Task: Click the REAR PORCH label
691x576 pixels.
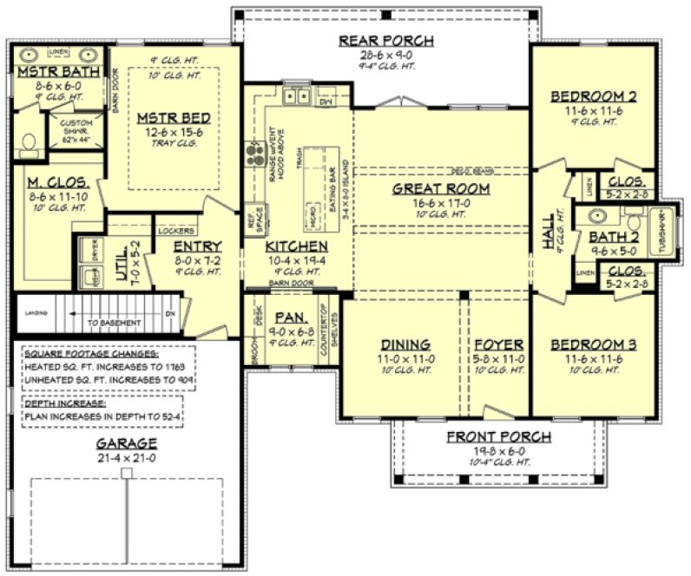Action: [x=385, y=41]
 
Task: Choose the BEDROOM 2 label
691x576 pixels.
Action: [x=594, y=96]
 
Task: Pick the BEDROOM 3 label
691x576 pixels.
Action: [x=594, y=345]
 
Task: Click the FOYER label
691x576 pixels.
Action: [x=498, y=345]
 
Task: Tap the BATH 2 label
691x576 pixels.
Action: [x=614, y=236]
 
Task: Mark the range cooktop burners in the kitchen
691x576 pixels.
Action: [x=255, y=153]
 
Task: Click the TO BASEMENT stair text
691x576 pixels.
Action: [x=113, y=322]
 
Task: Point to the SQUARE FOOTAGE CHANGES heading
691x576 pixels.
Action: [x=91, y=354]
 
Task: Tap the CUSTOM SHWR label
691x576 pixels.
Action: [x=76, y=129]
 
